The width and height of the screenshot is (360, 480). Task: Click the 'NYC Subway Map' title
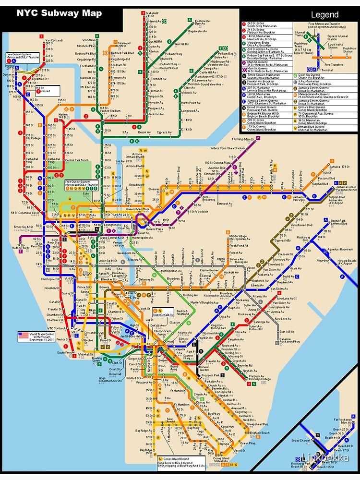[59, 12]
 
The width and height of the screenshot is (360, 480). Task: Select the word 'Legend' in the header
[324, 15]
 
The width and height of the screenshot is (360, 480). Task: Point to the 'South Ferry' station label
[64, 352]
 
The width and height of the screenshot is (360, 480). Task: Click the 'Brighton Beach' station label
[259, 433]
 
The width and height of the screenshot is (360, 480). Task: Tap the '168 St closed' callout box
[47, 90]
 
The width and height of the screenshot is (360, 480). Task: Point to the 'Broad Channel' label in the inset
[301, 440]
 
